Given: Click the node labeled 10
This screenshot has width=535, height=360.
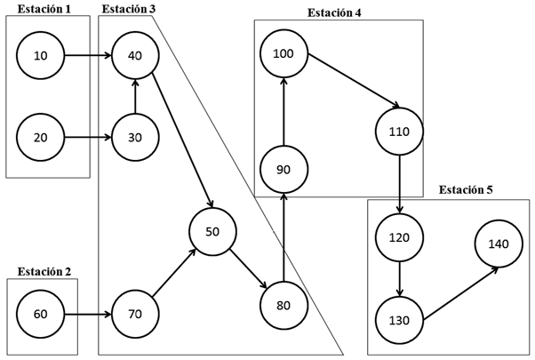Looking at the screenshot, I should point(41,56).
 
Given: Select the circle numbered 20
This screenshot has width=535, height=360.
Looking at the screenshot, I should point(41,137).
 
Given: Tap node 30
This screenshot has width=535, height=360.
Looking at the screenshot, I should point(135,137).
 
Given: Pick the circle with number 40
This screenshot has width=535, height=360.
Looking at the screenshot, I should point(135,56).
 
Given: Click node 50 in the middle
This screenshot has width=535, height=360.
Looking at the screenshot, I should point(212,231).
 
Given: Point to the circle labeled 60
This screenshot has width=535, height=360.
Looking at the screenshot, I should point(41,314).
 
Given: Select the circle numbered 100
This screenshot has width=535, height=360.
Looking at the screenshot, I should point(283,54).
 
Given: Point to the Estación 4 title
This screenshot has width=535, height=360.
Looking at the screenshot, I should point(340,12).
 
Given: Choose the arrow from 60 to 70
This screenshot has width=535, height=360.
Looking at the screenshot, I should point(88,314).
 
